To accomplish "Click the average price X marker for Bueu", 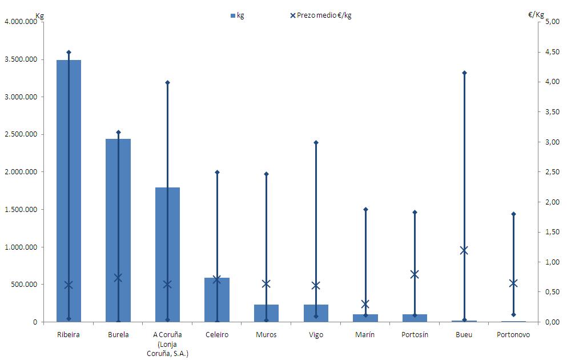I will point(464,250).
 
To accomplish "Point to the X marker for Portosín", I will point(415,274).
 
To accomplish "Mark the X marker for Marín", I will point(365,304).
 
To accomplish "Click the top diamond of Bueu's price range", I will point(464,73).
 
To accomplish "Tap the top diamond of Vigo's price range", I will point(316,142).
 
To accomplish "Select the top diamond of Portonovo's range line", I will point(513,214).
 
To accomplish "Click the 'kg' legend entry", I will point(237,15).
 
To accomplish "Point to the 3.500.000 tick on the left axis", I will point(21,59).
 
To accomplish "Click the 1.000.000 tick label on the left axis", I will point(21,247).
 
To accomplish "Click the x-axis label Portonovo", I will point(513,335).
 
